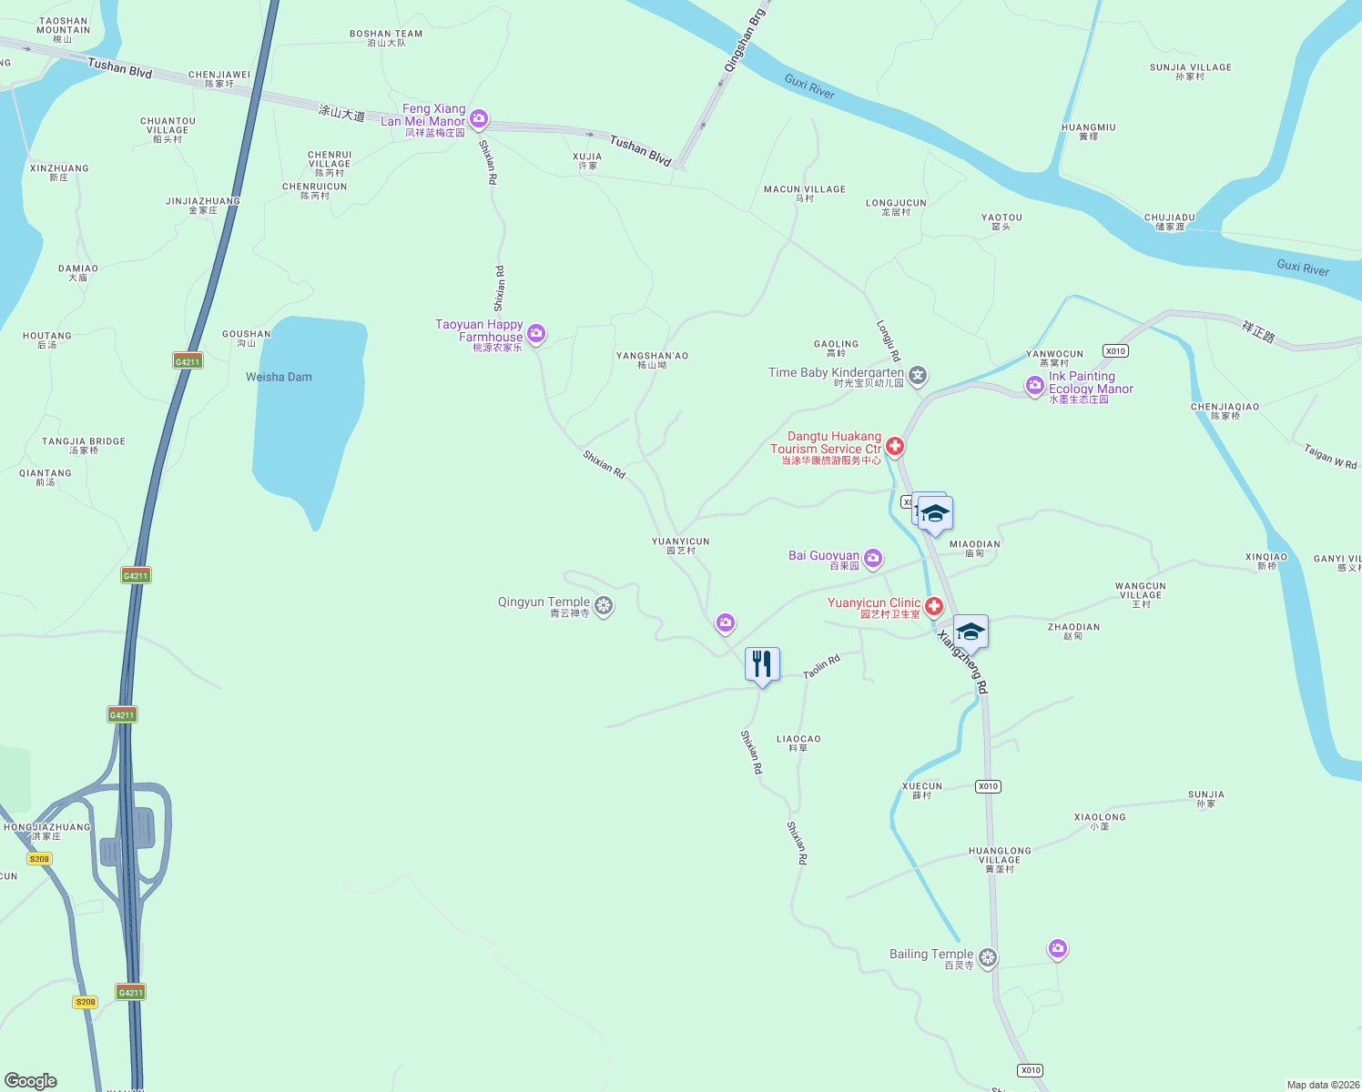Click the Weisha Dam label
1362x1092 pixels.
pos(279,377)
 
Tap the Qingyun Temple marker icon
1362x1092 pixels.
pos(603,605)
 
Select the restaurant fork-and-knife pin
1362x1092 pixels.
pos(762,665)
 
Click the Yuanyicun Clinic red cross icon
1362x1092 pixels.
pos(933,606)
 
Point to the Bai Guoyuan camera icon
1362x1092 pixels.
pos(872,558)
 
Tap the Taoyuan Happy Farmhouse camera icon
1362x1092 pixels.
pos(536,334)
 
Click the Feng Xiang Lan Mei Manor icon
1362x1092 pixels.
pos(479,118)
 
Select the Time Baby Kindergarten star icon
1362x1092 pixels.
pos(918,374)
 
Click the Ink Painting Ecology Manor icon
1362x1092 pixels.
pos(1034,386)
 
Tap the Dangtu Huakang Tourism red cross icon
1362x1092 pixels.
pos(895,446)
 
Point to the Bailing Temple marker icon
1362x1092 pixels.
pos(988,957)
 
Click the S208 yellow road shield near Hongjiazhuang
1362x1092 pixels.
pos(39,859)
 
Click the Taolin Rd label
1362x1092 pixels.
pos(821,666)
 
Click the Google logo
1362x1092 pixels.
pos(31,1080)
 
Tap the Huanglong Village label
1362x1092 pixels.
pos(1000,855)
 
